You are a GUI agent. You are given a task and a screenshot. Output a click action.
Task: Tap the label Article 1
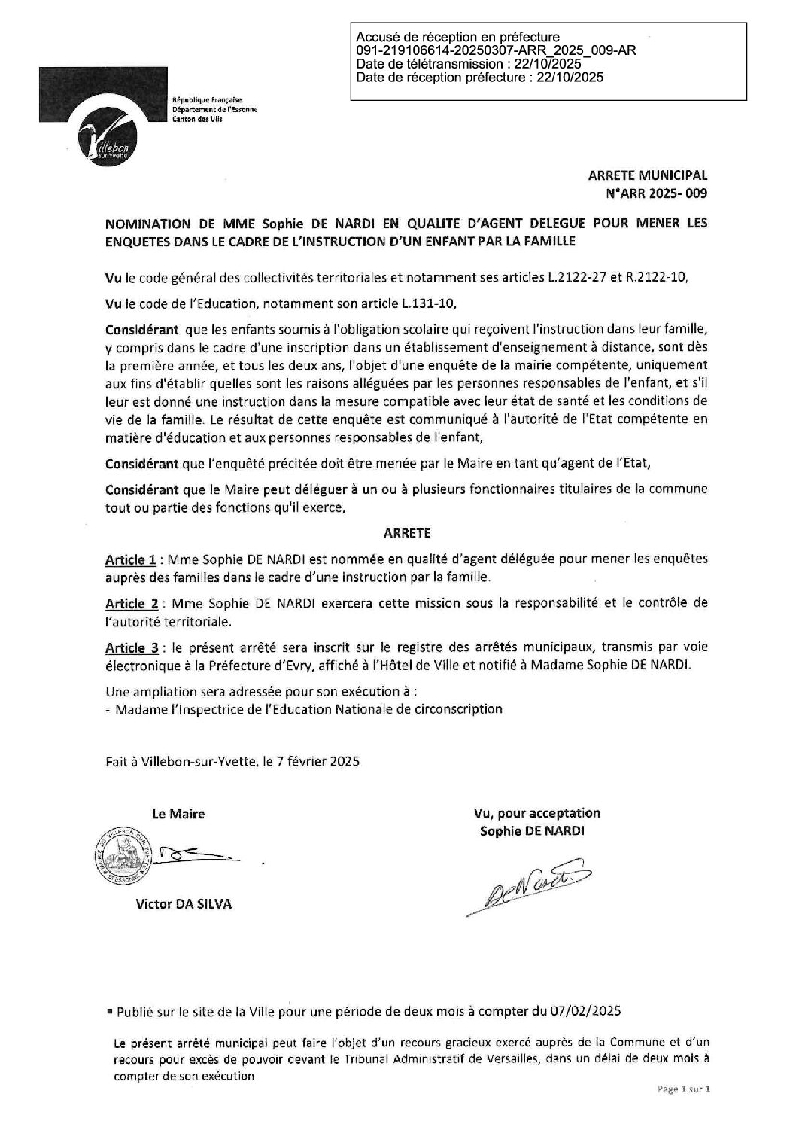[x=131, y=560]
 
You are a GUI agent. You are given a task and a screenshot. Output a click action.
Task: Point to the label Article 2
[x=131, y=604]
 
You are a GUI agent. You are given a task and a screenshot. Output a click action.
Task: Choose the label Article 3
[x=131, y=647]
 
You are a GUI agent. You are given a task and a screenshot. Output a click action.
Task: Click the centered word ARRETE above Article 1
[x=407, y=532]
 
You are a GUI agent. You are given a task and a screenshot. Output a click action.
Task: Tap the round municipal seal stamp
[x=125, y=854]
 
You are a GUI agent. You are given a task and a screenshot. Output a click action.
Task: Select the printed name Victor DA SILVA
[x=184, y=905]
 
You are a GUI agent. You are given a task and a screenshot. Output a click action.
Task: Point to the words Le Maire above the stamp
[x=178, y=814]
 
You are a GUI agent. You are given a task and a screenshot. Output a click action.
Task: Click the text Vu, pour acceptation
[x=537, y=813]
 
